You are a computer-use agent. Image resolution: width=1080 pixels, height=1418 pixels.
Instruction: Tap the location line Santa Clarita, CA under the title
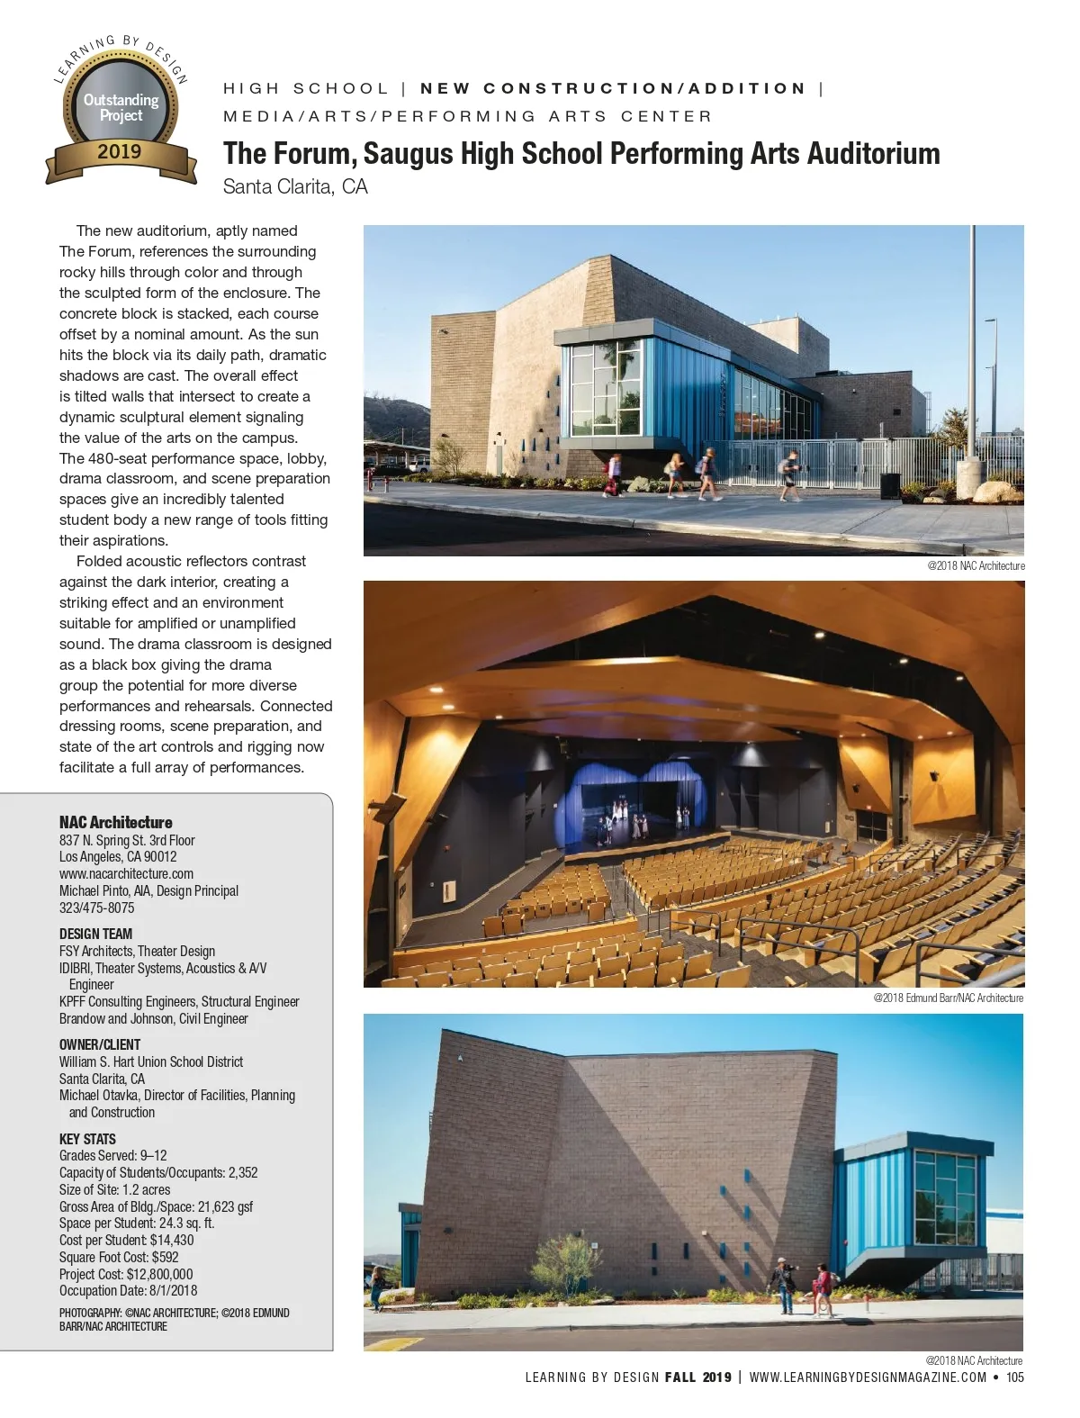[x=295, y=186]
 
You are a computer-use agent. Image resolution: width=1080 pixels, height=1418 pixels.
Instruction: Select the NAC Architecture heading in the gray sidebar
[x=115, y=822]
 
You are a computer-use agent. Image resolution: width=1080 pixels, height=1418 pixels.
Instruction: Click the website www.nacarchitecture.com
[x=126, y=873]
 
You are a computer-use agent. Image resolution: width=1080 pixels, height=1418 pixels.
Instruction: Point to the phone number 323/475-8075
[x=96, y=908]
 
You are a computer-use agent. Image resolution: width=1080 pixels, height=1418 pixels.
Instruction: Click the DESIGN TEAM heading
[x=95, y=934]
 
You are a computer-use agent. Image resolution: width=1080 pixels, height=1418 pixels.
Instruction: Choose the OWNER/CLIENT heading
[x=100, y=1044]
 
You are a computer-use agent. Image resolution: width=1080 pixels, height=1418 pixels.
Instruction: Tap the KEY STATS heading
[x=87, y=1139]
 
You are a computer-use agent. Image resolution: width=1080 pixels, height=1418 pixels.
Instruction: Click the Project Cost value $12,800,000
[x=159, y=1274]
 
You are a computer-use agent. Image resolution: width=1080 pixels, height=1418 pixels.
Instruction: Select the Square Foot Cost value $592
[x=165, y=1257]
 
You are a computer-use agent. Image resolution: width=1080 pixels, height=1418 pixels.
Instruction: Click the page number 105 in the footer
[x=1014, y=1377]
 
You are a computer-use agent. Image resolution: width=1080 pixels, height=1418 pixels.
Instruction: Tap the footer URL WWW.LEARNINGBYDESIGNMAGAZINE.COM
[x=868, y=1377]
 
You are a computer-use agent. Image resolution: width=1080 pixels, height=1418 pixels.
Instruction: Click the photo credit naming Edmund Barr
[x=948, y=998]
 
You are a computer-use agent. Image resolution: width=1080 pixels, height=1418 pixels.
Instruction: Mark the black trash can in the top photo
[x=890, y=485]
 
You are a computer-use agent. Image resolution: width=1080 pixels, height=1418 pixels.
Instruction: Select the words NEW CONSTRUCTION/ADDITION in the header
[x=613, y=88]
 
